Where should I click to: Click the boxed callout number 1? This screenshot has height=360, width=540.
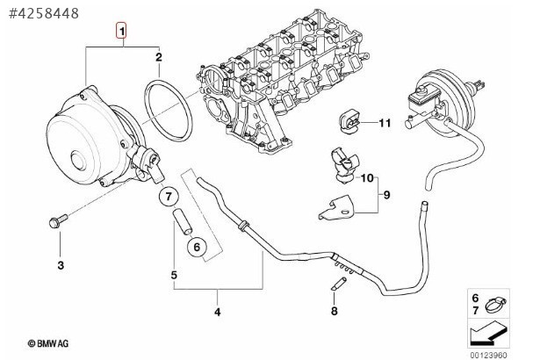tap(124, 32)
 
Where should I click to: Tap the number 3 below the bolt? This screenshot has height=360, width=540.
tap(61, 263)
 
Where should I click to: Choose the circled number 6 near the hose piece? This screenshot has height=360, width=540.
tap(198, 247)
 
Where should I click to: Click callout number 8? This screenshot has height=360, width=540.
tap(334, 311)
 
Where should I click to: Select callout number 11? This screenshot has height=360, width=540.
tap(383, 123)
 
